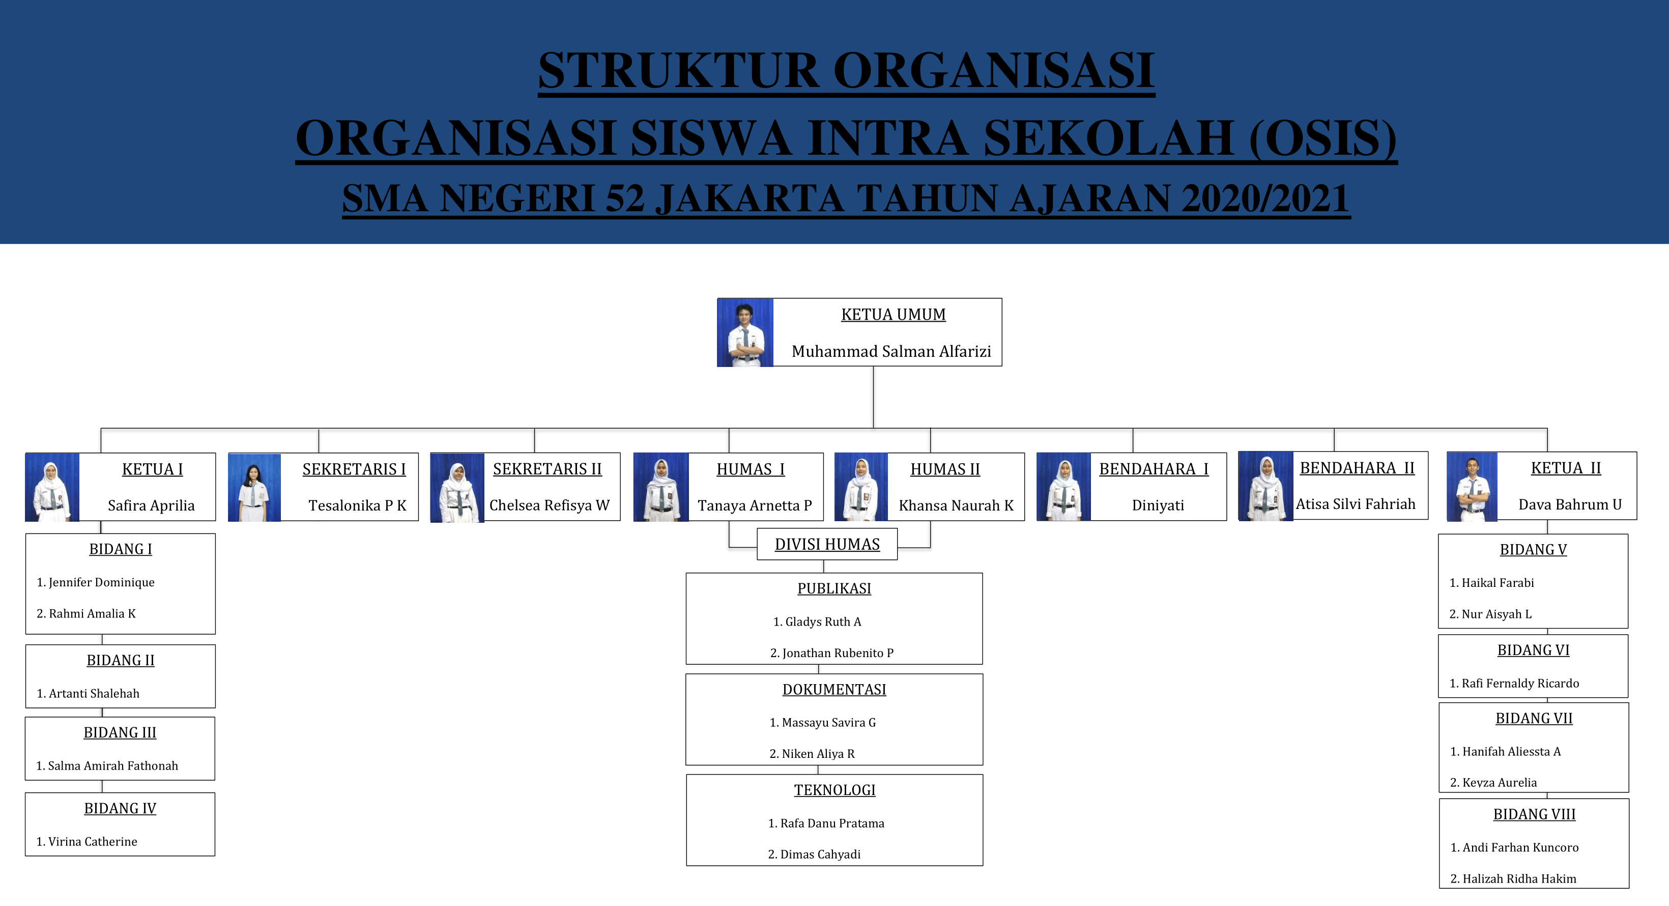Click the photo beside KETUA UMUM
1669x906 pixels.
coord(745,332)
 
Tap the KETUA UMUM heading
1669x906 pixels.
coord(894,315)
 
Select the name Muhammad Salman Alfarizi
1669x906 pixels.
coord(891,351)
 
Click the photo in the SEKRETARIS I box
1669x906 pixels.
coord(254,487)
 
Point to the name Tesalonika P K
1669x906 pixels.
coord(358,505)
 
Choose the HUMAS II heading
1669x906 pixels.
coord(945,469)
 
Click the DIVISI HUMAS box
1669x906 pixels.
coord(827,545)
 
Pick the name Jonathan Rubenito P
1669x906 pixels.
coord(832,653)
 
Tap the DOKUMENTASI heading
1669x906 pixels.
coord(834,690)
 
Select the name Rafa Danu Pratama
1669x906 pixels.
coord(826,824)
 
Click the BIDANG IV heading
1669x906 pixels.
coord(121,809)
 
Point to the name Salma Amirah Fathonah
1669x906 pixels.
coord(107,766)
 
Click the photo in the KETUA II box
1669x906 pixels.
coord(1472,487)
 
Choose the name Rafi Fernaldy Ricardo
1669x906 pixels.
coord(1514,684)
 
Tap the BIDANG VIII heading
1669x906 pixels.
coord(1534,814)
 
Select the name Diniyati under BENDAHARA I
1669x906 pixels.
coord(1158,505)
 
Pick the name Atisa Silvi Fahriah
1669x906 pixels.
coord(1356,504)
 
